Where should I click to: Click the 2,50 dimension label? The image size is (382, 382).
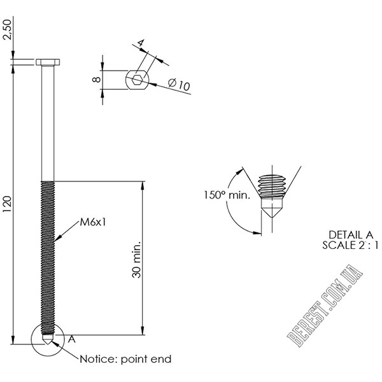click(x=8, y=28)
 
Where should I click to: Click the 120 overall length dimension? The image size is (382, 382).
click(x=8, y=204)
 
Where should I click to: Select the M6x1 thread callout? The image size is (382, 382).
click(x=92, y=222)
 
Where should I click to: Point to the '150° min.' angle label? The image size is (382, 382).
click(x=226, y=195)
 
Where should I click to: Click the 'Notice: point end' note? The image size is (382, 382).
click(x=125, y=359)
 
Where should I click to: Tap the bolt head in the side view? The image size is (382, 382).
click(x=48, y=62)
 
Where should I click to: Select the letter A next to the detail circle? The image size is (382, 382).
click(x=71, y=338)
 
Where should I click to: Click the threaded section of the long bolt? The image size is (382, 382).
click(x=48, y=255)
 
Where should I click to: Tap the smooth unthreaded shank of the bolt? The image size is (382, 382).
click(x=48, y=121)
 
